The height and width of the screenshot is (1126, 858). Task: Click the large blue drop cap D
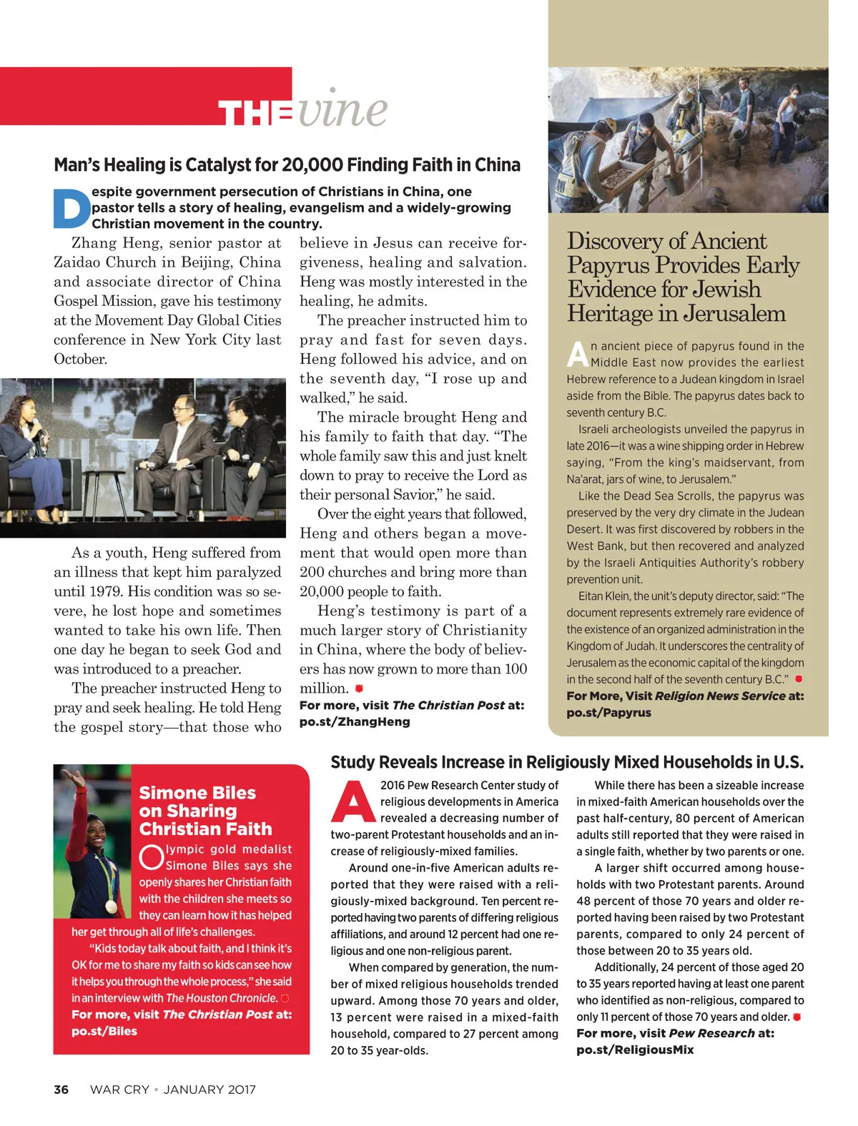point(71,207)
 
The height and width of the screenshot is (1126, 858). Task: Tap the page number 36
point(61,1090)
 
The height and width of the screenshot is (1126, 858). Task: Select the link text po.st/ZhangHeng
point(355,722)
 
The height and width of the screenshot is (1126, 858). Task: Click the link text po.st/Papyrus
point(608,713)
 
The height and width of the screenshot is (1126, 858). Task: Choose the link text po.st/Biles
point(104,1031)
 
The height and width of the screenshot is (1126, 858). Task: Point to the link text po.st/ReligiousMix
point(635,1050)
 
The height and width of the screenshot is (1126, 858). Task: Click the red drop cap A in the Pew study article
point(353,802)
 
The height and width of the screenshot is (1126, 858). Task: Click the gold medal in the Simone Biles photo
point(111,906)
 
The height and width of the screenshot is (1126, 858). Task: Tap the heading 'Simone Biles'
point(197,793)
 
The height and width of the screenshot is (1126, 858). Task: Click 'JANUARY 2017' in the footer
point(209,1090)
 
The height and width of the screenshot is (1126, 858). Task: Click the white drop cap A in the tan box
point(578,353)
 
